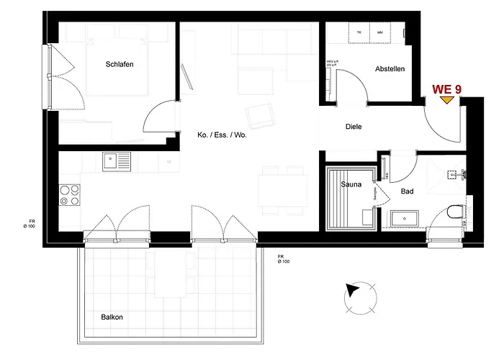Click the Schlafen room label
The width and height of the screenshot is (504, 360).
120,64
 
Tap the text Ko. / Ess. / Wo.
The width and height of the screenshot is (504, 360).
222,135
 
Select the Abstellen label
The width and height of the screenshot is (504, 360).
390,69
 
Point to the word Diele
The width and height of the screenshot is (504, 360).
353,127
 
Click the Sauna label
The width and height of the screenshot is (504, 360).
351,184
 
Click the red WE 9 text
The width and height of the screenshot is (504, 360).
446,89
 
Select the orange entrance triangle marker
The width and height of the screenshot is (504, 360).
447,100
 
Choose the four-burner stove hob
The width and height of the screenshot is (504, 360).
69,196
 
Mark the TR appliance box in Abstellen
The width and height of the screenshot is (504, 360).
359,32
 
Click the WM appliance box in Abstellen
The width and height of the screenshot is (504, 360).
379,32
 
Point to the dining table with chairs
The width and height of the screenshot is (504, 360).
282,190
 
